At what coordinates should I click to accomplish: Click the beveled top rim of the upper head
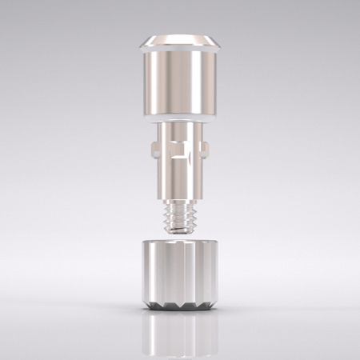pos(179,41)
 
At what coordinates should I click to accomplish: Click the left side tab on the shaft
pos(153,147)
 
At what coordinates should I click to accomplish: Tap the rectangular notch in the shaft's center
pos(181,150)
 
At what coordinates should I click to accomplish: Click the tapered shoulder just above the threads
pos(179,196)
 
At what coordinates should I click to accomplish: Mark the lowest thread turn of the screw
pos(179,226)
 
